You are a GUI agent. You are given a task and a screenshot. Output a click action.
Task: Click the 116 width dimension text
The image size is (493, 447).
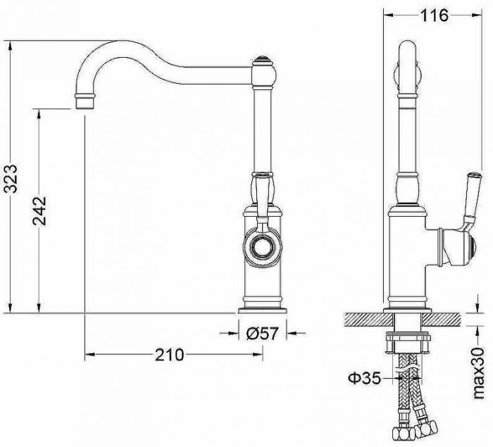coord(435,15)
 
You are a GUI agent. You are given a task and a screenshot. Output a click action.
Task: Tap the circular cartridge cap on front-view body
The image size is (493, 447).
coord(263,246)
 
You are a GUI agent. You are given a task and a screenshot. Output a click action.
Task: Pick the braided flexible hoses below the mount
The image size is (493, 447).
coord(411,401)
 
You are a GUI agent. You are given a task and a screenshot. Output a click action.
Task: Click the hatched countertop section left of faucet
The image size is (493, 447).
coord(363,319)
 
